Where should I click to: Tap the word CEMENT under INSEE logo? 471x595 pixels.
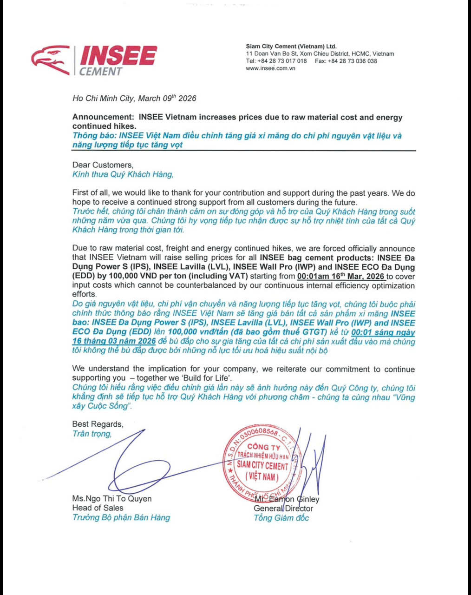click(x=100, y=72)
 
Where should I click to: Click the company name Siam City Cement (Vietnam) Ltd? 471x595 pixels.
click(x=291, y=46)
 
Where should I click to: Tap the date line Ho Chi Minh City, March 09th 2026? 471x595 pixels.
click(x=134, y=98)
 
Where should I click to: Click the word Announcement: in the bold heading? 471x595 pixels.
click(x=103, y=117)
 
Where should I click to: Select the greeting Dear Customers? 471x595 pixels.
click(x=103, y=165)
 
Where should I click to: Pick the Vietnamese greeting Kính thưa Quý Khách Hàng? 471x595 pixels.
click(x=123, y=174)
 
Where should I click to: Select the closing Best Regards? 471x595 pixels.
click(x=98, y=424)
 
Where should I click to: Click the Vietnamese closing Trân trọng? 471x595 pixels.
click(x=92, y=434)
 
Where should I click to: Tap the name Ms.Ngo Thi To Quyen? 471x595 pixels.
click(x=112, y=499)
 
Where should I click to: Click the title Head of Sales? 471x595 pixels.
click(x=98, y=508)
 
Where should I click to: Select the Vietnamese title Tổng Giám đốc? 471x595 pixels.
click(x=281, y=518)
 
